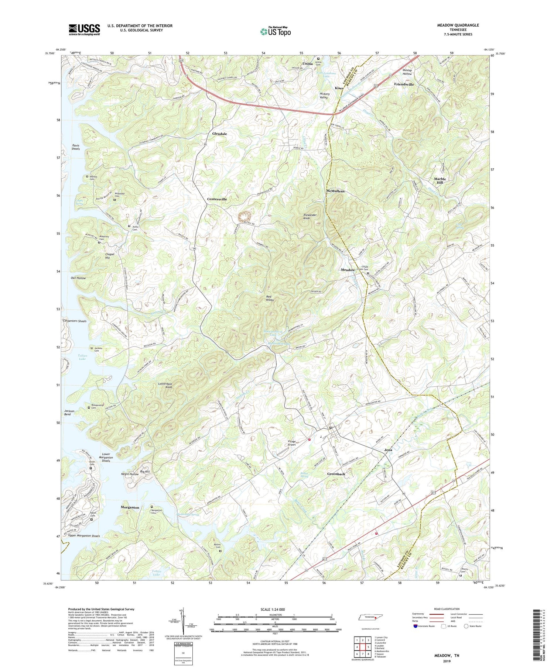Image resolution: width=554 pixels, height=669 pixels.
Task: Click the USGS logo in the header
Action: tap(84, 30)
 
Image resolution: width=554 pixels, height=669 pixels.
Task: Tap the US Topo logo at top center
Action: tap(275, 32)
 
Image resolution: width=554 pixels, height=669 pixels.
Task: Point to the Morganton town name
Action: tap(130, 507)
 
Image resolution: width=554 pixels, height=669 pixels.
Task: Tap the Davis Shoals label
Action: tap(76, 147)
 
